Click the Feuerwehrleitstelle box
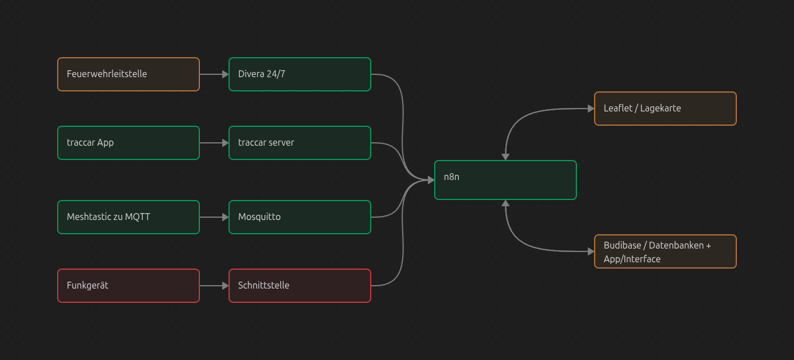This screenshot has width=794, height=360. point(129,74)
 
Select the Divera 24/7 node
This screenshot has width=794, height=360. point(300,74)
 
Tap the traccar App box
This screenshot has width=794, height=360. point(129,143)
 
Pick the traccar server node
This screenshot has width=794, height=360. point(300,143)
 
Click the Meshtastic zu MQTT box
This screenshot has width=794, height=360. point(129,217)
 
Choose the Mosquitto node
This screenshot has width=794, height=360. point(300,217)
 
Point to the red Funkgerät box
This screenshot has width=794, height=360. point(129,286)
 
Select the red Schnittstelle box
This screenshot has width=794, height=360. point(300,286)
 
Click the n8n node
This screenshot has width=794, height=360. point(506,180)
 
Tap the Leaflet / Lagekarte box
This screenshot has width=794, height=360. point(665,109)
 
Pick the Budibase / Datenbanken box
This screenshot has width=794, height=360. point(665,251)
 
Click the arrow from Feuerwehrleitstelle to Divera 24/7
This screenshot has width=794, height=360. point(214,74)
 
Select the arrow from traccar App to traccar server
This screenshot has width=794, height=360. point(214,143)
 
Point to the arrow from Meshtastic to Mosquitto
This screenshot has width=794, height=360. point(214,217)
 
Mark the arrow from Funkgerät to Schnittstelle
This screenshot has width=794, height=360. point(214,286)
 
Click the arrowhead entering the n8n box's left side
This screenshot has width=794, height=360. point(431,180)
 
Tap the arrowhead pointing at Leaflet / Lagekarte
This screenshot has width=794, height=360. point(591,109)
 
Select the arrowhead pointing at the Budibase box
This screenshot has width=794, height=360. point(591,251)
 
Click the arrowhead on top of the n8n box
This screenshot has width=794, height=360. point(506,157)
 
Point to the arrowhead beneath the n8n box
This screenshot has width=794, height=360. point(506,203)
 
